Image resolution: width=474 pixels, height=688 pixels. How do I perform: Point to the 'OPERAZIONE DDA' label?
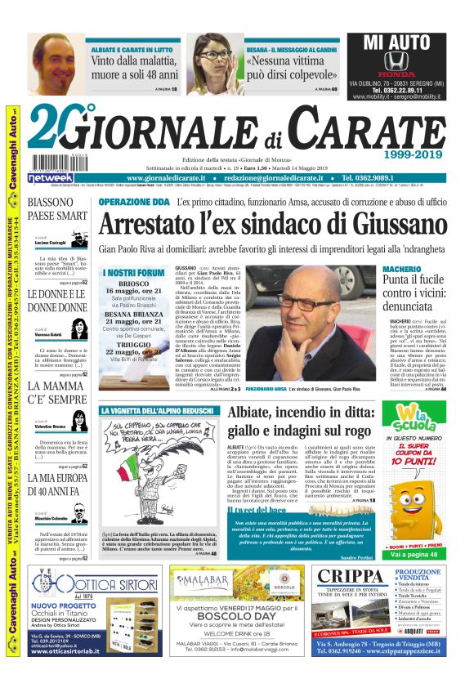(132, 201)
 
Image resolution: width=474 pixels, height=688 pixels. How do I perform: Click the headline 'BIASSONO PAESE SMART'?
(57, 209)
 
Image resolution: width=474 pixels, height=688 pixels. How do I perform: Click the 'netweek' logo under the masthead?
(49, 176)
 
